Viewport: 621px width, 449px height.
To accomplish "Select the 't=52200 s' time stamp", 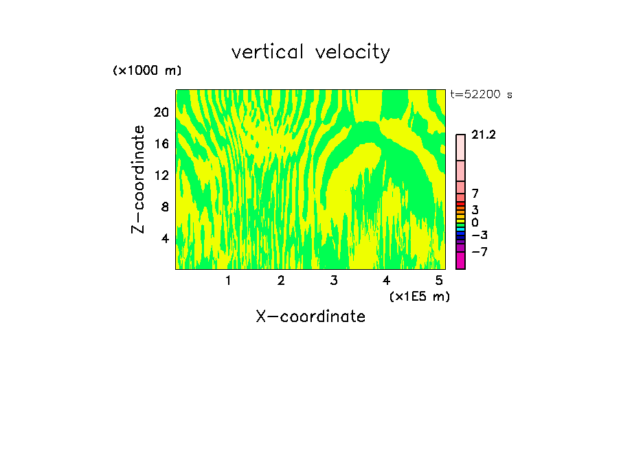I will pos(481,95).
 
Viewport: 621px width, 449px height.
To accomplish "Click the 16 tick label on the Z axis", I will pos(161,143).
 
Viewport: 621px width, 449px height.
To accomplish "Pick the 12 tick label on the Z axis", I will pos(161,175).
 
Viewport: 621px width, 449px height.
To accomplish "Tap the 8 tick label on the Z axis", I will pos(165,207).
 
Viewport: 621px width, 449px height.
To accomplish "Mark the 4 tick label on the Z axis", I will pos(165,238).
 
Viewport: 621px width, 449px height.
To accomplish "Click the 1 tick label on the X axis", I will pos(228,280).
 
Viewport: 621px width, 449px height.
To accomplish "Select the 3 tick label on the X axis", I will pos(333,280).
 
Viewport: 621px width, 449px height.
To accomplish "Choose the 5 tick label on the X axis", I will pos(439,280).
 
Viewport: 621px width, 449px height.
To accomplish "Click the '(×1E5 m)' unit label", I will pos(420,296).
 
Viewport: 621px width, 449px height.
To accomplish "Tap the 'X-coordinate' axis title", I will pos(310,316).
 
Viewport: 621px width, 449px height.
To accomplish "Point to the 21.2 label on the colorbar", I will pos(484,135).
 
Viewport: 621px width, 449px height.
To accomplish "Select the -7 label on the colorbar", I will pos(479,251).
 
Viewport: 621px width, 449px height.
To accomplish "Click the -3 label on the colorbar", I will pos(479,235).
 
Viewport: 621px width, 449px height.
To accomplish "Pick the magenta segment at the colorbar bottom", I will pos(460,261).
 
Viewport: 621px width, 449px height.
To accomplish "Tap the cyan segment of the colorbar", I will pos(460,229).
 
